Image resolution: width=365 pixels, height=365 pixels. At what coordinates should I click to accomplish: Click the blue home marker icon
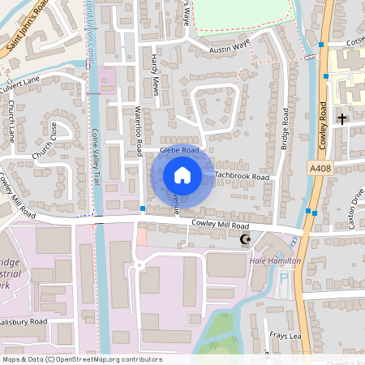[182, 175]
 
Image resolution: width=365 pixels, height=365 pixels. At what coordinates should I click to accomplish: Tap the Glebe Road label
[179, 150]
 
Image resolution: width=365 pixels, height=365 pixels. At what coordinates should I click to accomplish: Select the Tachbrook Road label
[242, 176]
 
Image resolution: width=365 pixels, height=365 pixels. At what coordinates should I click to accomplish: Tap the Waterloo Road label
[138, 131]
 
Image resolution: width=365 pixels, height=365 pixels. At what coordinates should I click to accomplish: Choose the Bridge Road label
[285, 131]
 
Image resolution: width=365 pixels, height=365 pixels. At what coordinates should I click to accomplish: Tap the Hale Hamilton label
[275, 260]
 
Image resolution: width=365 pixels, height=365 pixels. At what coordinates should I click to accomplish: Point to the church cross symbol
[341, 119]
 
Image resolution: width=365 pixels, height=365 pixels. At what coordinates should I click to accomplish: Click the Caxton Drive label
[356, 207]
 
